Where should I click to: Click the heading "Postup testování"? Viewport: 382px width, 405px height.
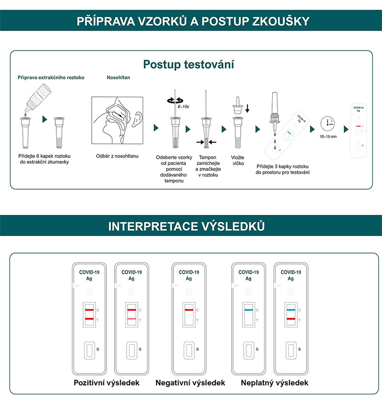tap(189, 64)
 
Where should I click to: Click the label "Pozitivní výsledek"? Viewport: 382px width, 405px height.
tap(106, 383)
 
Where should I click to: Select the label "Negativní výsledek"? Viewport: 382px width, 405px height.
tap(190, 383)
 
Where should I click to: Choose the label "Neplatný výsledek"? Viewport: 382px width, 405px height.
tap(275, 383)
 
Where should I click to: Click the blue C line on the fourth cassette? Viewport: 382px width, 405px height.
tap(248, 310)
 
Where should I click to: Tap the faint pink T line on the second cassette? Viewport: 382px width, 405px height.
tap(131, 319)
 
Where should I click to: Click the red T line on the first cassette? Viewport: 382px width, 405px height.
tap(89, 319)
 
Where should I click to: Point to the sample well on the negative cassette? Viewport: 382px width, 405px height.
tap(189, 350)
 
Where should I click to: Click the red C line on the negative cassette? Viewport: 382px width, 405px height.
tap(189, 310)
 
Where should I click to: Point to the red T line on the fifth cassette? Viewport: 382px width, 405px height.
tap(290, 319)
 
